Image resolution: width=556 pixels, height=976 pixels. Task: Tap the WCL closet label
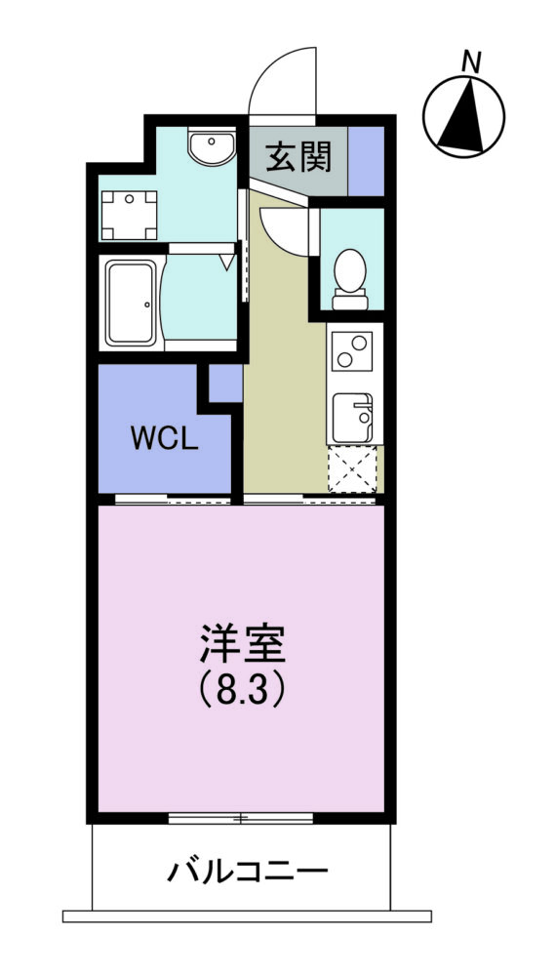tap(164, 439)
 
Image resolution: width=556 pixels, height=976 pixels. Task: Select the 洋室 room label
tap(242, 645)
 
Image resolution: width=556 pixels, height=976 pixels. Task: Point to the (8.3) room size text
tap(242, 691)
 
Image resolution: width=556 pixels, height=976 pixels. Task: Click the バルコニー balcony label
tap(247, 872)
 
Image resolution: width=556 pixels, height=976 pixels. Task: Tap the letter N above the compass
tap(471, 62)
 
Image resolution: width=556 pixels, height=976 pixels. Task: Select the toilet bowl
tap(349, 279)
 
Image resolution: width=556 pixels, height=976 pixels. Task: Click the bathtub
tap(130, 303)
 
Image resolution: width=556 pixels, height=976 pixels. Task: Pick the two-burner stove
tap(351, 351)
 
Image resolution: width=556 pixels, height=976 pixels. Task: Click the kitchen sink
tap(352, 418)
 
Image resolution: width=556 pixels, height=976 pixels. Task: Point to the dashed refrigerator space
tap(352, 469)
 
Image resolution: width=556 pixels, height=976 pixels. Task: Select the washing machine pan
tap(129, 216)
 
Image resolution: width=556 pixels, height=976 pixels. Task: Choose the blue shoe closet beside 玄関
tap(366, 161)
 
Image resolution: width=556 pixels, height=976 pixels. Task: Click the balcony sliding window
tap(241, 818)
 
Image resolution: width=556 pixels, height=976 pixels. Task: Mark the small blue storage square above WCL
tap(225, 384)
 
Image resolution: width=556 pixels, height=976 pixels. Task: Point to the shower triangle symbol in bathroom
tap(227, 262)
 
